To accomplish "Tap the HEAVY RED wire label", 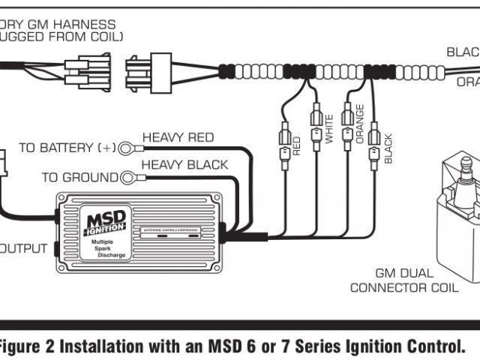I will [178, 137].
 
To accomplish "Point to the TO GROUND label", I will [79, 178].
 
